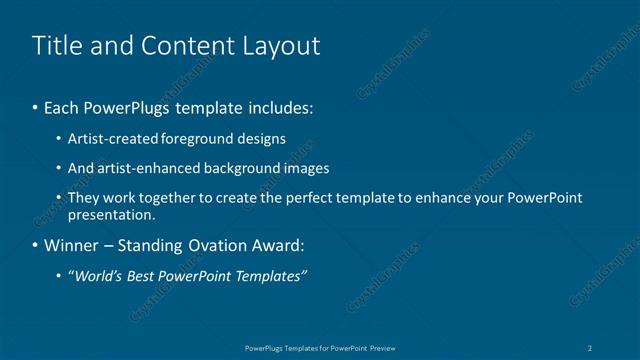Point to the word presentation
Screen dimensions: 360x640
point(111,214)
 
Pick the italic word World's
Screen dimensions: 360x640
point(98,276)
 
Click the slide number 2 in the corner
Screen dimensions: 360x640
point(591,347)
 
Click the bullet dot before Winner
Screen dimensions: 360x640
point(36,245)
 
